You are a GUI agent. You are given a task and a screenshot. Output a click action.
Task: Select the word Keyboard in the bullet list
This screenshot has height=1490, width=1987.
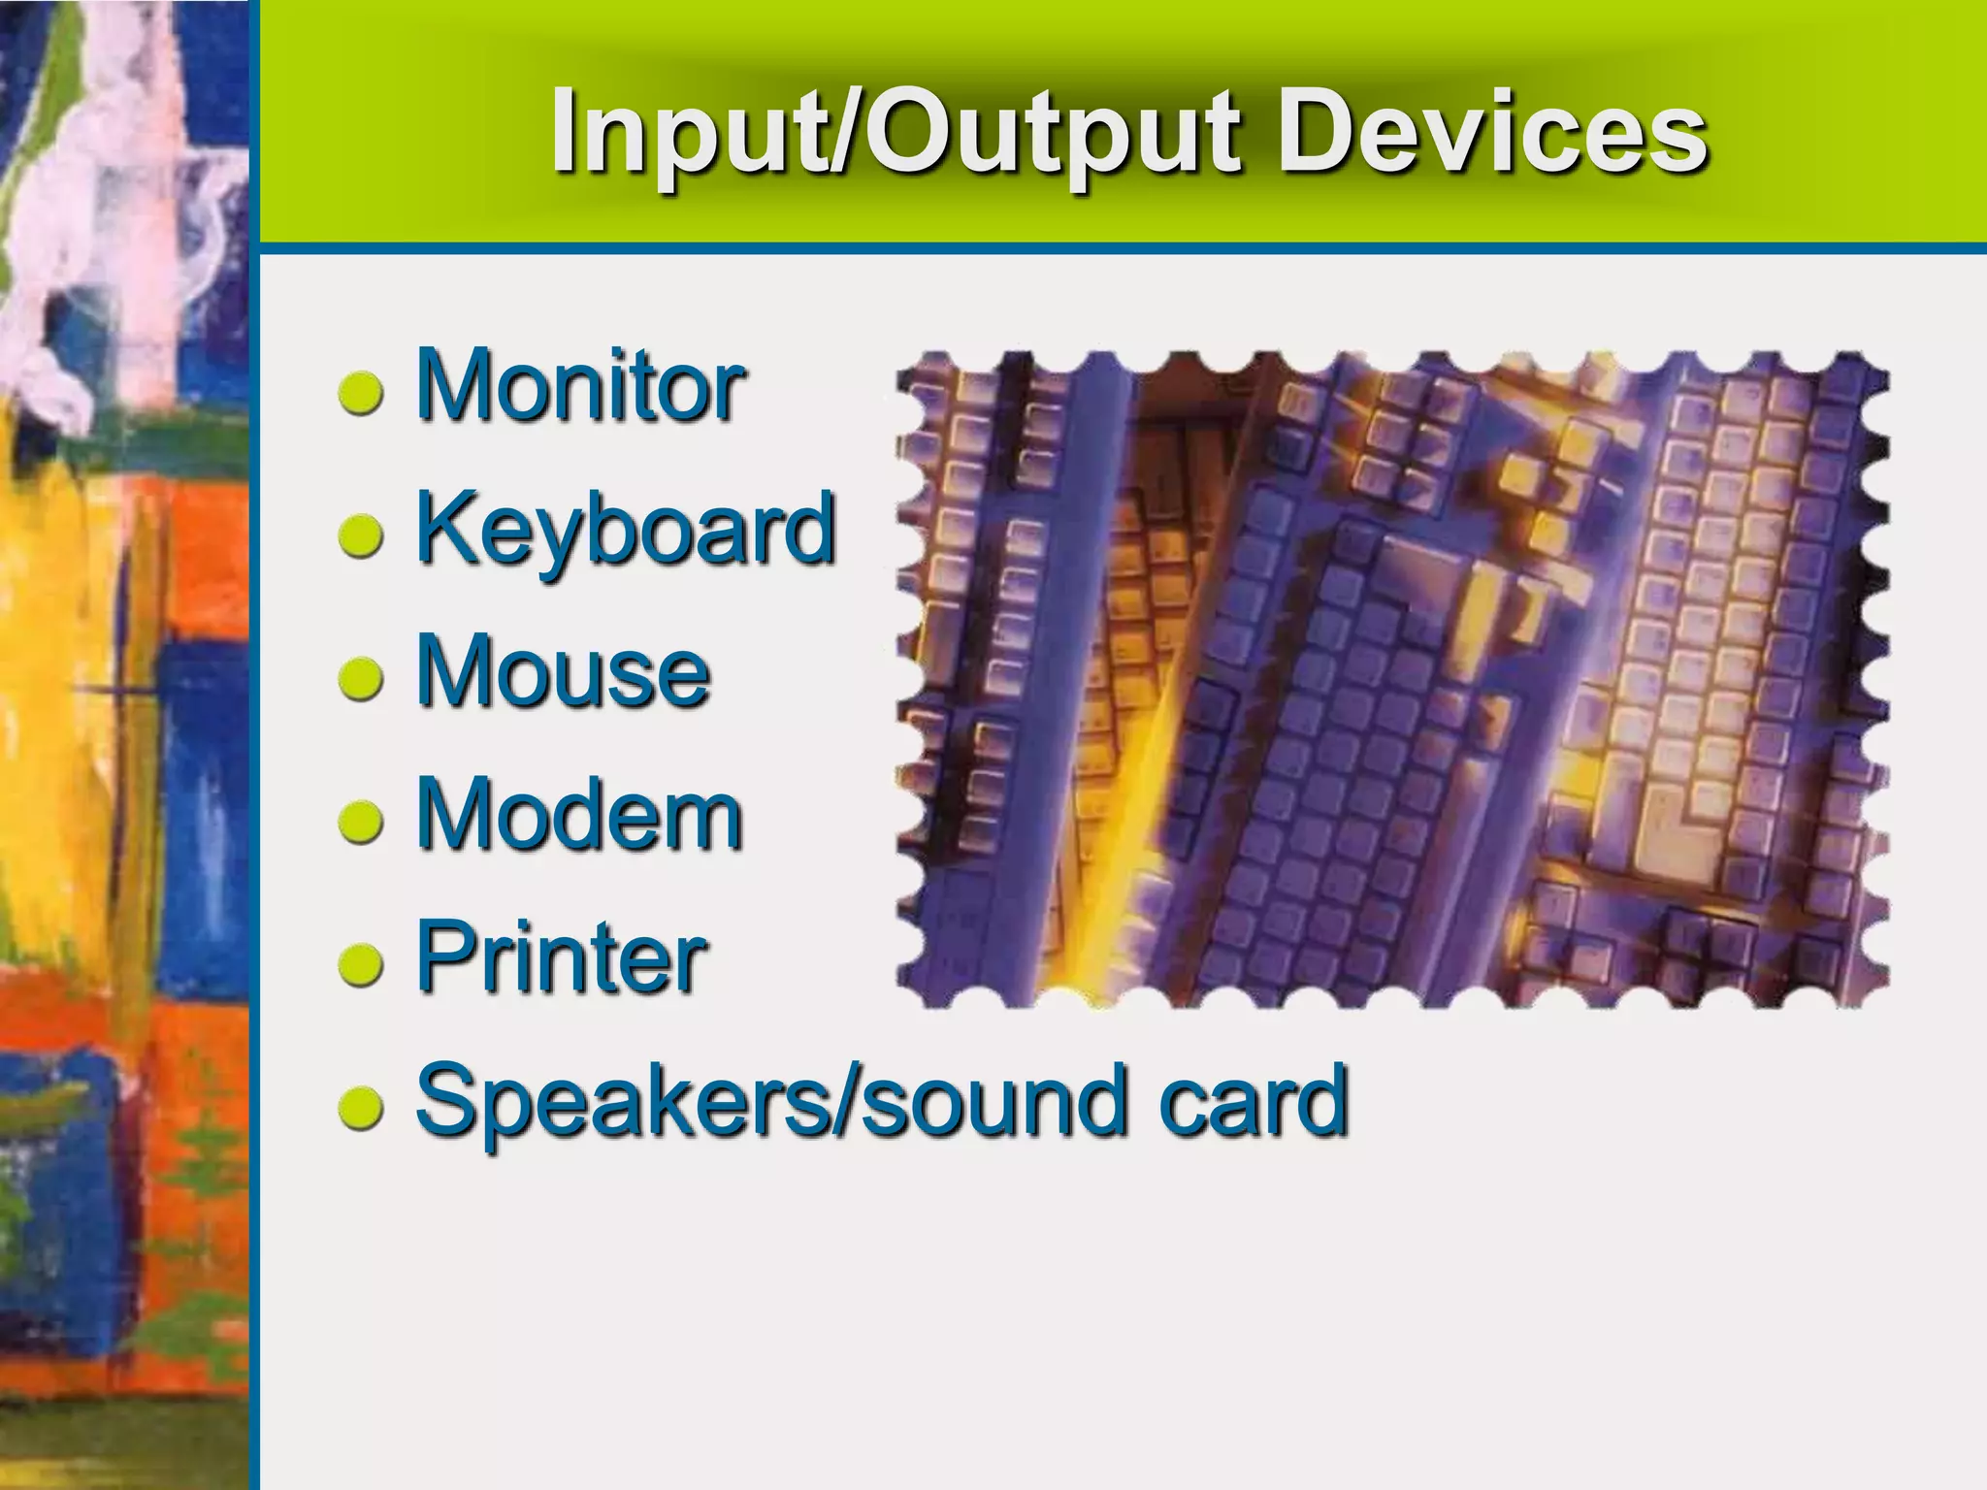(625, 530)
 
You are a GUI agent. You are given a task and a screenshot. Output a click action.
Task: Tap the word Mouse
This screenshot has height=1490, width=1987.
(563, 672)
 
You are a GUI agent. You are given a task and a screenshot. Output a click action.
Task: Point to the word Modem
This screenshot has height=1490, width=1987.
(579, 815)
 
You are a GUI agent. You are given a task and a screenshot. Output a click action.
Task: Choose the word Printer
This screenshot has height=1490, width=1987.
(561, 958)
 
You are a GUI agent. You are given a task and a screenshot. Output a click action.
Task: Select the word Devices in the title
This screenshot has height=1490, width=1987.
(1490, 133)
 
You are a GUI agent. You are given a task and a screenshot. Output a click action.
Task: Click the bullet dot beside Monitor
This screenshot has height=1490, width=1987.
(361, 394)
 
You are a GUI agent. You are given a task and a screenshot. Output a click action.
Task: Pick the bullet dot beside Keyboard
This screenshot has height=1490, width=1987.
(361, 536)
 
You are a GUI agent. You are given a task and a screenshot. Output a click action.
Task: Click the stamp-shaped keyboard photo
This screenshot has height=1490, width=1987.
(1392, 679)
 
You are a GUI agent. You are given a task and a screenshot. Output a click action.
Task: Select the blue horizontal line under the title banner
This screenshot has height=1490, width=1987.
(1116, 249)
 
